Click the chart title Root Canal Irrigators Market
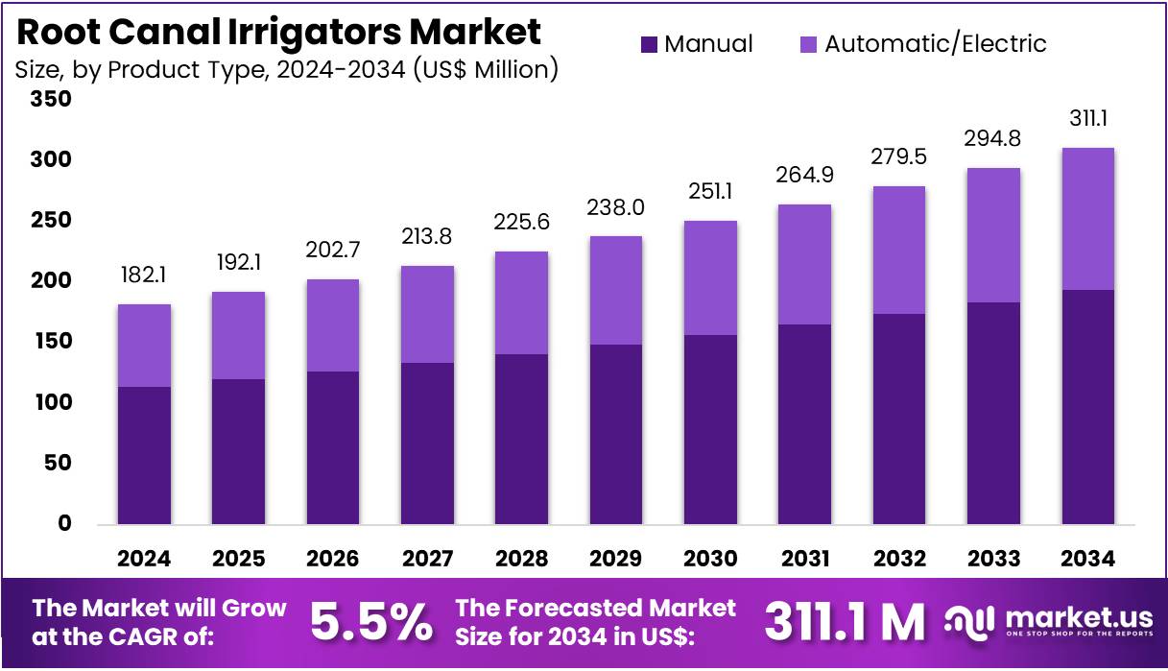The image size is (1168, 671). click(x=279, y=32)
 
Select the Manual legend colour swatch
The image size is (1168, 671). click(x=650, y=44)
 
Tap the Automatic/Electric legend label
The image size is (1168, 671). click(x=935, y=44)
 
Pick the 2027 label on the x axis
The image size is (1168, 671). click(x=427, y=559)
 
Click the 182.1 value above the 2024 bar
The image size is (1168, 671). click(x=144, y=276)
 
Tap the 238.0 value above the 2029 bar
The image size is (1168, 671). click(x=616, y=207)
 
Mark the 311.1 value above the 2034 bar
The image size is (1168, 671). click(x=1088, y=119)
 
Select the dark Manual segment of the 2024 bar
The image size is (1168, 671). click(x=144, y=456)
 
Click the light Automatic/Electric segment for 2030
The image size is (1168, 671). click(x=710, y=278)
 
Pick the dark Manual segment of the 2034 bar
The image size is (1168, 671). click(x=1088, y=407)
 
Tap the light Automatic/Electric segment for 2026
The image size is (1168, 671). click(x=333, y=325)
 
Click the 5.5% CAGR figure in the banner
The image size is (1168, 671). click(x=370, y=622)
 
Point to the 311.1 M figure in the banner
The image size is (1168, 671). click(x=845, y=622)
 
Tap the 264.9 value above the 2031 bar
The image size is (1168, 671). click(x=804, y=176)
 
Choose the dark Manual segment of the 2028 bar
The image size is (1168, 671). click(x=521, y=440)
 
